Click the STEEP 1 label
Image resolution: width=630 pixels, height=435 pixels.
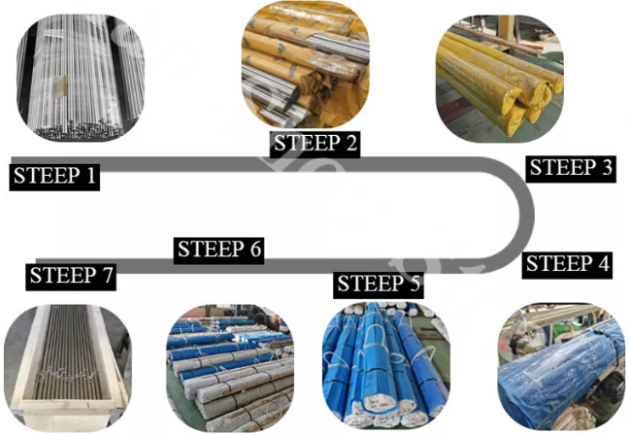pyautogui.click(x=54, y=176)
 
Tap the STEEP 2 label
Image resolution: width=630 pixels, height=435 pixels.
pyautogui.click(x=315, y=144)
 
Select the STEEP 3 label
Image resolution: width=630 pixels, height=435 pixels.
pyautogui.click(x=571, y=168)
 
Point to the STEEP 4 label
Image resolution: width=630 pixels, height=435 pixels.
pyautogui.click(x=567, y=264)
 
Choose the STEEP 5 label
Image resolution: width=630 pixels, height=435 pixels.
pyautogui.click(x=378, y=284)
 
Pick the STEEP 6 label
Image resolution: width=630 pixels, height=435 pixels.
pyautogui.click(x=218, y=250)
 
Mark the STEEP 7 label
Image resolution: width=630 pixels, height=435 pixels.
pyautogui.click(x=71, y=276)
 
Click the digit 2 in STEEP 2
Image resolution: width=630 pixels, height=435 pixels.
pyautogui.click(x=351, y=144)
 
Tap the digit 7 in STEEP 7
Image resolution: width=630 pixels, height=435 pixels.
pyautogui.click(x=107, y=276)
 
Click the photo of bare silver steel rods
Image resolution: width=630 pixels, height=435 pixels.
pyautogui.click(x=81, y=78)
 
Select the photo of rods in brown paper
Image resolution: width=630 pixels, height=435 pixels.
pyautogui.click(x=306, y=64)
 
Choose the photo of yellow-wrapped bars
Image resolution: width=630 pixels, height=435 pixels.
pyautogui.click(x=500, y=79)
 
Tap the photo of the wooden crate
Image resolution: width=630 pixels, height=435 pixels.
pyautogui.click(x=68, y=368)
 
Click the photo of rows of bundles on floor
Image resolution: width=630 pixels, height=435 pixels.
pyautogui.click(x=230, y=368)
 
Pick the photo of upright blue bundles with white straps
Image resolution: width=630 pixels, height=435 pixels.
pyautogui.click(x=386, y=366)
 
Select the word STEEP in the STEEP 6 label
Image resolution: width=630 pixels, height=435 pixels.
pyautogui.click(x=211, y=250)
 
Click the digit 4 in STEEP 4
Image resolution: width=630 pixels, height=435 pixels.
pyautogui.click(x=602, y=264)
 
